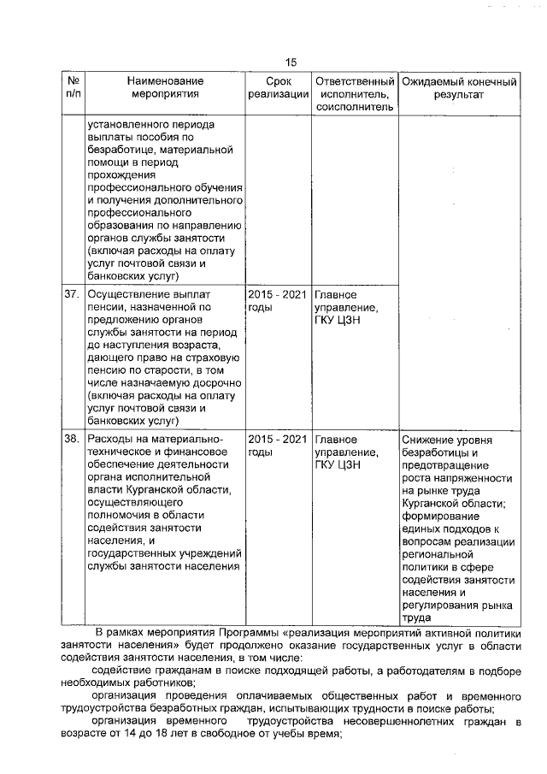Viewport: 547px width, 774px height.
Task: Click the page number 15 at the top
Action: tap(291, 62)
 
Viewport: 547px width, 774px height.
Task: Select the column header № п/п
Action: tap(72, 87)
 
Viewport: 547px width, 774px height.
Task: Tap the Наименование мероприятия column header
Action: tap(165, 87)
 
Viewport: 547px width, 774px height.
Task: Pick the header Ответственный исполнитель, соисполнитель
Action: tap(354, 94)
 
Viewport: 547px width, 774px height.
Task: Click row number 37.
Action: tap(72, 295)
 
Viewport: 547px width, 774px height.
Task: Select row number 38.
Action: tap(72, 440)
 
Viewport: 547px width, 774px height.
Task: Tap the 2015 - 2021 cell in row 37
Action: tap(277, 295)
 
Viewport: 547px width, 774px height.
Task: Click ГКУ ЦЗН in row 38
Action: tap(338, 467)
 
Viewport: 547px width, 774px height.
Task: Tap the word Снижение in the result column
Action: tap(427, 440)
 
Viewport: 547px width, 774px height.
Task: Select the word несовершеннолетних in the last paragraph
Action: tap(378, 724)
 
